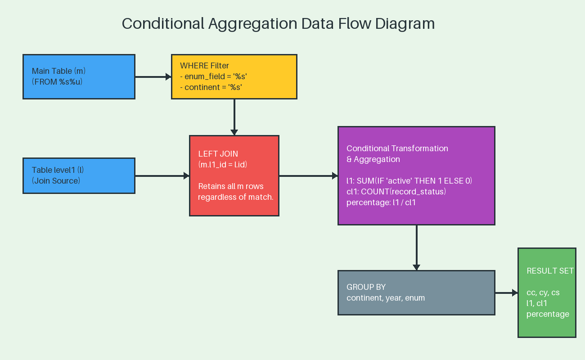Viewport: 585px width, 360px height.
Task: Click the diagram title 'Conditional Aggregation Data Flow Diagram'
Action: [x=278, y=23]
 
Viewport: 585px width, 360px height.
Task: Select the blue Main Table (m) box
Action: [x=79, y=76]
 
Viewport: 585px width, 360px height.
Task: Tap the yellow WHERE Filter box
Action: [x=234, y=76]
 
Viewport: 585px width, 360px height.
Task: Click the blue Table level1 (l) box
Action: [x=79, y=175]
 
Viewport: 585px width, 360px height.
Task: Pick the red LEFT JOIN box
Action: [x=234, y=175]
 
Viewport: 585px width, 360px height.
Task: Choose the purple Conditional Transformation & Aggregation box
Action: [x=416, y=175]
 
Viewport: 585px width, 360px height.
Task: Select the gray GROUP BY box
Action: [x=416, y=292]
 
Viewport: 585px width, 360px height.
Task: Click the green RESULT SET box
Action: [x=547, y=292]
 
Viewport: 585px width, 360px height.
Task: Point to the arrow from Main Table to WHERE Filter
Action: [x=153, y=76]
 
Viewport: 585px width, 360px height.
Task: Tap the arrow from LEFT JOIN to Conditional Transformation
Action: [x=308, y=175]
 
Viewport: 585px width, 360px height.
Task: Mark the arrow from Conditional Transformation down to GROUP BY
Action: [x=416, y=247]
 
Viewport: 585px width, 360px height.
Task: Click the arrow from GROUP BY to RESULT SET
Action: [x=506, y=292]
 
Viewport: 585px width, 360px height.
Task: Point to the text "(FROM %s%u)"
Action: [x=57, y=82]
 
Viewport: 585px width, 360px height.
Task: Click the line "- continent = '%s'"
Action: [x=211, y=87]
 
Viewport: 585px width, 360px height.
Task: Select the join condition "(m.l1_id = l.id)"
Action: [x=223, y=165]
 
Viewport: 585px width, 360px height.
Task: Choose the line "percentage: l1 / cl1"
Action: [x=381, y=202]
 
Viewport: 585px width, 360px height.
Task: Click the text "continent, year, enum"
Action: [x=386, y=298]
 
